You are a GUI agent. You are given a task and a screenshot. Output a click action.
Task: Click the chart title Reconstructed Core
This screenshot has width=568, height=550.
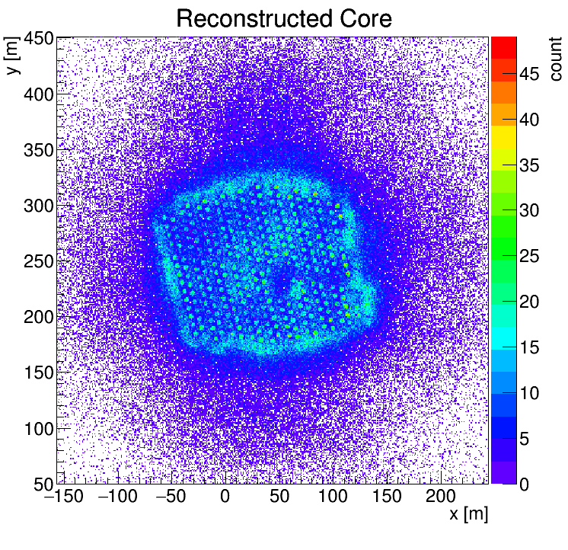(x=283, y=18)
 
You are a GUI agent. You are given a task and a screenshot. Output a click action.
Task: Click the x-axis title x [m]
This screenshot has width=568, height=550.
(x=468, y=515)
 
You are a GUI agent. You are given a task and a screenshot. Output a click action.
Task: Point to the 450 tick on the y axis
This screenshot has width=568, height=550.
(x=37, y=38)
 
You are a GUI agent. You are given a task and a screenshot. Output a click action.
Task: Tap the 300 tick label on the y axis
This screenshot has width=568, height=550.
(x=37, y=206)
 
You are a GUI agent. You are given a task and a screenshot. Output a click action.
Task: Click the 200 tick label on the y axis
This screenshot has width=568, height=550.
(x=37, y=317)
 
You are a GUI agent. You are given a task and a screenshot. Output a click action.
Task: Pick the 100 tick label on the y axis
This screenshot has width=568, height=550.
(x=37, y=428)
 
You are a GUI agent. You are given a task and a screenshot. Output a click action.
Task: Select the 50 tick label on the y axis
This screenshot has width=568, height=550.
(x=43, y=484)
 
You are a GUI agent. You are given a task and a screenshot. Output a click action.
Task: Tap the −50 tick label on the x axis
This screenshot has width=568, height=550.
(x=168, y=497)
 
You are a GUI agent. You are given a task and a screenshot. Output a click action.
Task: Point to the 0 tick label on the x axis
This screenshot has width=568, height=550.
(x=225, y=497)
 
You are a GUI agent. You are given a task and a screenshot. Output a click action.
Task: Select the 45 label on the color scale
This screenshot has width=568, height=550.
(x=531, y=74)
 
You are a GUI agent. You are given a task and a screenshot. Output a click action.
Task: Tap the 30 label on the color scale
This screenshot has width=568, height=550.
(x=531, y=211)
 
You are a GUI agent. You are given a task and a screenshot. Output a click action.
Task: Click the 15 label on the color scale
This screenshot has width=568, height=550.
(x=531, y=347)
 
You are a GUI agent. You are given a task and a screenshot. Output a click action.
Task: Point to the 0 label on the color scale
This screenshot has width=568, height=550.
(x=525, y=484)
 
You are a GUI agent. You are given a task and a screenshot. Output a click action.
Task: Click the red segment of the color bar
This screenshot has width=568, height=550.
(x=503, y=47)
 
